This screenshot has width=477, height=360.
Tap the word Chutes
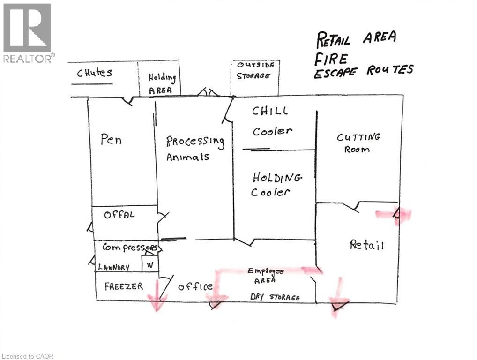(95, 73)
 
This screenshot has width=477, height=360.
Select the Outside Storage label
(254, 70)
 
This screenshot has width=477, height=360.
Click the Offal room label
(119, 215)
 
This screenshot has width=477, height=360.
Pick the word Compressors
(130, 247)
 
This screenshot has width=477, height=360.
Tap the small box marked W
(150, 263)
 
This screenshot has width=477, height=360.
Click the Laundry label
(113, 267)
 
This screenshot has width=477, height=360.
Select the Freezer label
(124, 286)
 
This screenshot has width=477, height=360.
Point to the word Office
(195, 286)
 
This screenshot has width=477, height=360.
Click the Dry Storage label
(275, 297)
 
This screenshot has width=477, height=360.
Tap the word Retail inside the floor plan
(366, 244)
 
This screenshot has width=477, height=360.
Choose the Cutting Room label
(358, 143)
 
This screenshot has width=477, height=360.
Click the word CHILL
(270, 111)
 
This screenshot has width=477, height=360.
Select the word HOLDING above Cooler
(277, 178)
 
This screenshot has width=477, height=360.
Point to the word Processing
(195, 141)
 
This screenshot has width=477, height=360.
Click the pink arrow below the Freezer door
(157, 294)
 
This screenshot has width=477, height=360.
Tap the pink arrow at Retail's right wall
(394, 215)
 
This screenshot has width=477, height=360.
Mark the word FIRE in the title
(330, 59)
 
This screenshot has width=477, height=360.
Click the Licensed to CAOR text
(27, 356)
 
